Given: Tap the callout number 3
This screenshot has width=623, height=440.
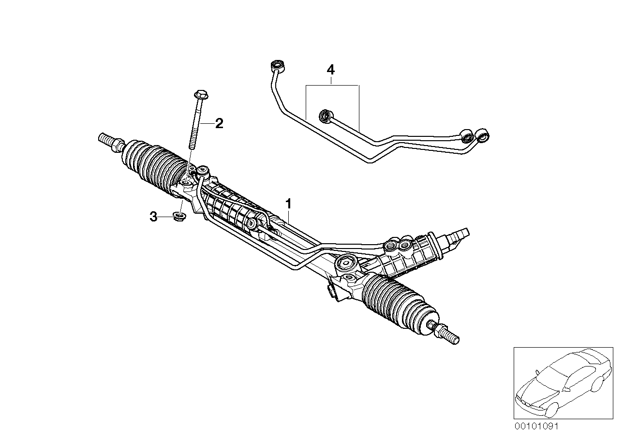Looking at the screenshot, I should coord(153,217).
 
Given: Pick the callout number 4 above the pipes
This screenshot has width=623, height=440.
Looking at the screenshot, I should coord(330,70).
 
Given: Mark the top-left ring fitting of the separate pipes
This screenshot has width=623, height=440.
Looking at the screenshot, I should coord(278,65).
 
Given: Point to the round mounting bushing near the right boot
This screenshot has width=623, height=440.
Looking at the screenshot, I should coord(347,264).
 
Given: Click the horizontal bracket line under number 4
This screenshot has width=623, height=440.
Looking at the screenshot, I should coord(332,86).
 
